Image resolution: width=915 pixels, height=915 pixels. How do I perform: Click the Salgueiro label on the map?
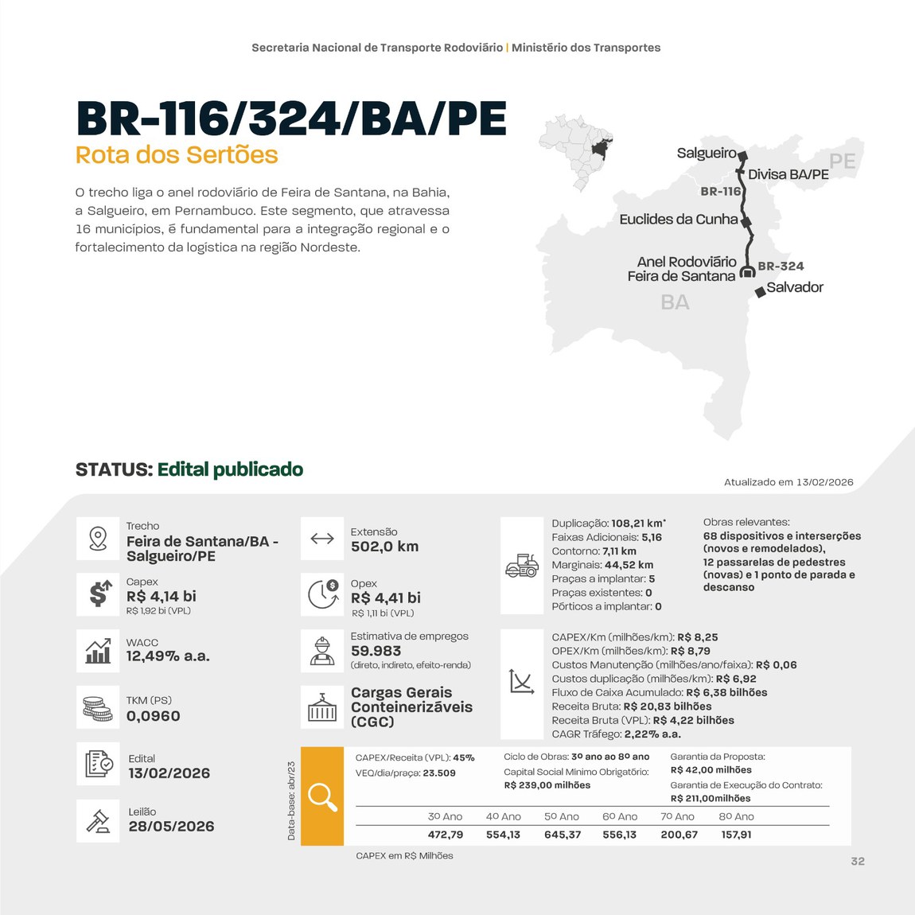point(707,153)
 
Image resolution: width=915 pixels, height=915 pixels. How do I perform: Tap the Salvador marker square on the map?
point(760,291)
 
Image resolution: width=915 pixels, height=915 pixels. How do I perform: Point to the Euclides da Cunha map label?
point(679,219)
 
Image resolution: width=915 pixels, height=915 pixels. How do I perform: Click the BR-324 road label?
point(781,266)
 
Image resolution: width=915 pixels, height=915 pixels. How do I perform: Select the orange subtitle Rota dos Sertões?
point(177,154)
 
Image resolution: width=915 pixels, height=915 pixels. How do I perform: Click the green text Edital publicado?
point(230,469)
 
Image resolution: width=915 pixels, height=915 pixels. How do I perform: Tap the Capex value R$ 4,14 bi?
point(162,596)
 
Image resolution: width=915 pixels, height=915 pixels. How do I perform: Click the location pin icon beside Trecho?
point(98,539)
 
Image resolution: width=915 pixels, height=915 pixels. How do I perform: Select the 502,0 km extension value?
point(384,547)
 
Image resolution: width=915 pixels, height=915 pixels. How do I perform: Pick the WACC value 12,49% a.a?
point(168,656)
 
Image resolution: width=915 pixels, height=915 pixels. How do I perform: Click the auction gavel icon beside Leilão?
point(98,820)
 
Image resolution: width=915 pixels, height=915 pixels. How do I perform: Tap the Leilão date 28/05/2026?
point(172,827)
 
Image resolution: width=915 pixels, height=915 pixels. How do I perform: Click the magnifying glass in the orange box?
point(322,796)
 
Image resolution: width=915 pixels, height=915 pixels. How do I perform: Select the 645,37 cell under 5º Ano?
point(563,835)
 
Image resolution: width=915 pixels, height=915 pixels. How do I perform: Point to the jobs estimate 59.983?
point(376,651)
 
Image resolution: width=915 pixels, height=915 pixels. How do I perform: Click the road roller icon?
point(522,566)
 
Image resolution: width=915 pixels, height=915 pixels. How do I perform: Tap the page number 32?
point(857,861)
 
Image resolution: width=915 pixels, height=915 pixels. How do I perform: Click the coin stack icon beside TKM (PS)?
point(98,707)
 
